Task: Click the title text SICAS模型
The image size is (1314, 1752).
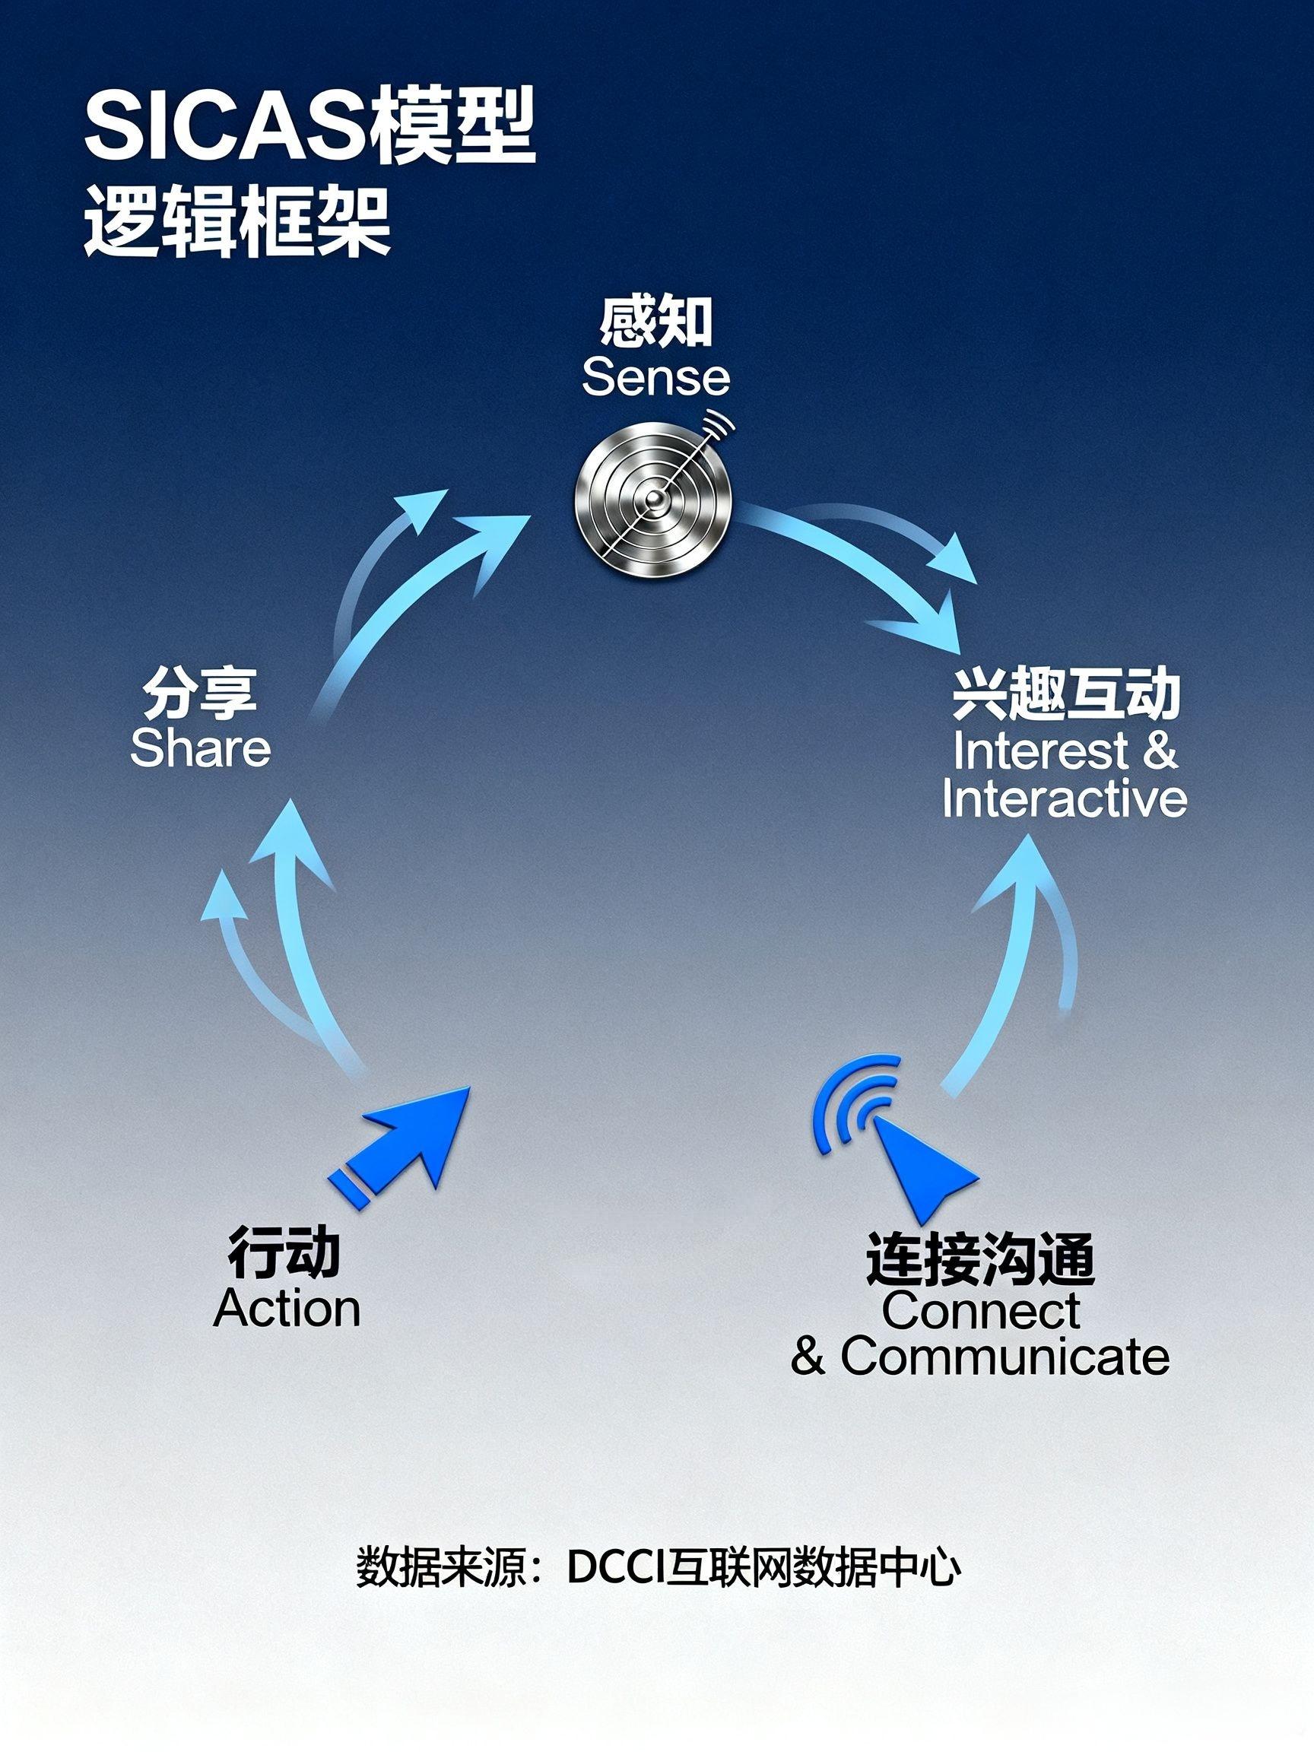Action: click(309, 128)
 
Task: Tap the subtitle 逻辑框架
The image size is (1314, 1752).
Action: click(237, 222)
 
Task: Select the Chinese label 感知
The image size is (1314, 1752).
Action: click(655, 322)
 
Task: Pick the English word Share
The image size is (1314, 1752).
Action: click(201, 748)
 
